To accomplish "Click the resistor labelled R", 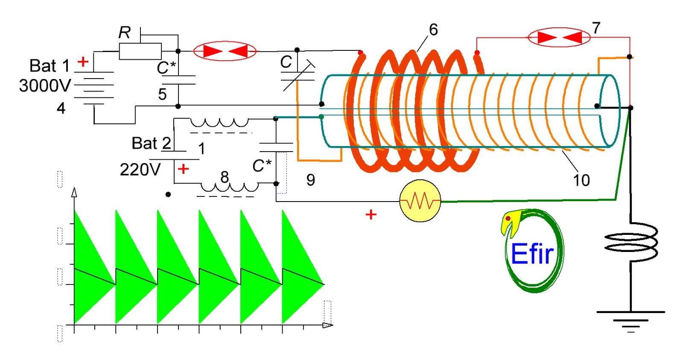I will pyautogui.click(x=140, y=51).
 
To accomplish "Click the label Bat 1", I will pyautogui.click(x=49, y=66).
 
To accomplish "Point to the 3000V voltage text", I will pyautogui.click(x=44, y=86).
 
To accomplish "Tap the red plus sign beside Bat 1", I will pyautogui.click(x=83, y=62).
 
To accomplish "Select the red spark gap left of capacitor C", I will pyautogui.click(x=225, y=51).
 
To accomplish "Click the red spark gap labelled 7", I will pyautogui.click(x=559, y=38).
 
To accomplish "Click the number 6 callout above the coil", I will pyautogui.click(x=433, y=29).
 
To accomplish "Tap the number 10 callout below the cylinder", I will pyautogui.click(x=581, y=180).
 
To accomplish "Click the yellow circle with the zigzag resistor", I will pyautogui.click(x=420, y=201).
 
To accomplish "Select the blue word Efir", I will pyautogui.click(x=532, y=255).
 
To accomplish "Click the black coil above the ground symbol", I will pyautogui.click(x=631, y=242).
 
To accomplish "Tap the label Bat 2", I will pyautogui.click(x=151, y=143).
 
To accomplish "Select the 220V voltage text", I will pyautogui.click(x=140, y=170).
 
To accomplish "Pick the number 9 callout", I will pyautogui.click(x=311, y=180).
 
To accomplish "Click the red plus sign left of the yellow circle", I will pyautogui.click(x=371, y=214).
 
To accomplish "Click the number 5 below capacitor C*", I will pyautogui.click(x=162, y=94).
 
